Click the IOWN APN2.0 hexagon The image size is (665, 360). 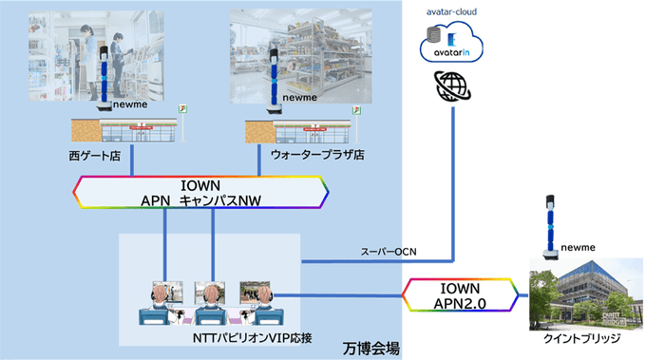[x=461, y=294]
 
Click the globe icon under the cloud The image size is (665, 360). [x=454, y=88]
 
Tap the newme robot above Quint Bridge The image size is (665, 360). [x=548, y=228]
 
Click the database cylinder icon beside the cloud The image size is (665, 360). [x=433, y=37]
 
